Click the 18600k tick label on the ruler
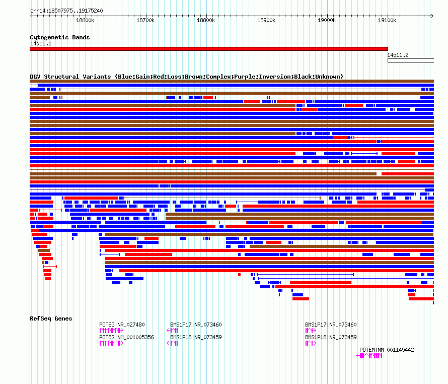85,20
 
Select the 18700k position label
145,20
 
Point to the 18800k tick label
206,20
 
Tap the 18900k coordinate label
266,20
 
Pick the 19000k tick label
327,20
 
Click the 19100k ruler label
387,20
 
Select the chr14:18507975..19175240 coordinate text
66,11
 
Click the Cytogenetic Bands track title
60,37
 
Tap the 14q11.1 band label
41,43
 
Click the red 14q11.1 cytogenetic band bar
209,49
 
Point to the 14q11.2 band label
398,55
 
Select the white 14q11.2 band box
411,60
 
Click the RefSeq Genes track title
51,318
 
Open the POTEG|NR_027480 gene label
122,325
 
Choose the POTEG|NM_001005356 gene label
126,337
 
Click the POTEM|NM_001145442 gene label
387,350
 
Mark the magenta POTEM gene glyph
369,356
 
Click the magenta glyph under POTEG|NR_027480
111,331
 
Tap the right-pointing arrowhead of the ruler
432,16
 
